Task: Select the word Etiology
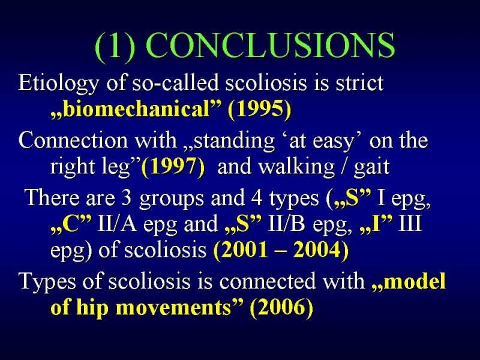tap(58, 84)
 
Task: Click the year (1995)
tap(259, 110)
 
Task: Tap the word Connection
tap(73, 141)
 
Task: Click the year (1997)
tap(173, 167)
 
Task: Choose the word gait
tap(371, 168)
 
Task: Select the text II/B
tap(286, 223)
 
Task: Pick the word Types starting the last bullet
tap(47, 281)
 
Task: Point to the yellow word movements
tap(173, 308)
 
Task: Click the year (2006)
tap(281, 307)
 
